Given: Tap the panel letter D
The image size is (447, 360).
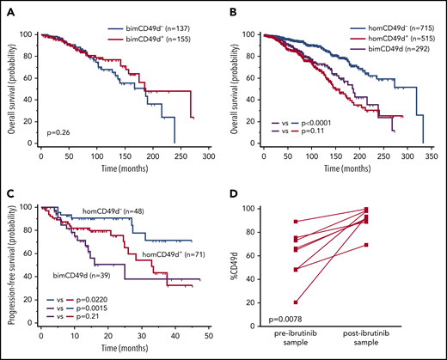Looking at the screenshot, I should point(239,200).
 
